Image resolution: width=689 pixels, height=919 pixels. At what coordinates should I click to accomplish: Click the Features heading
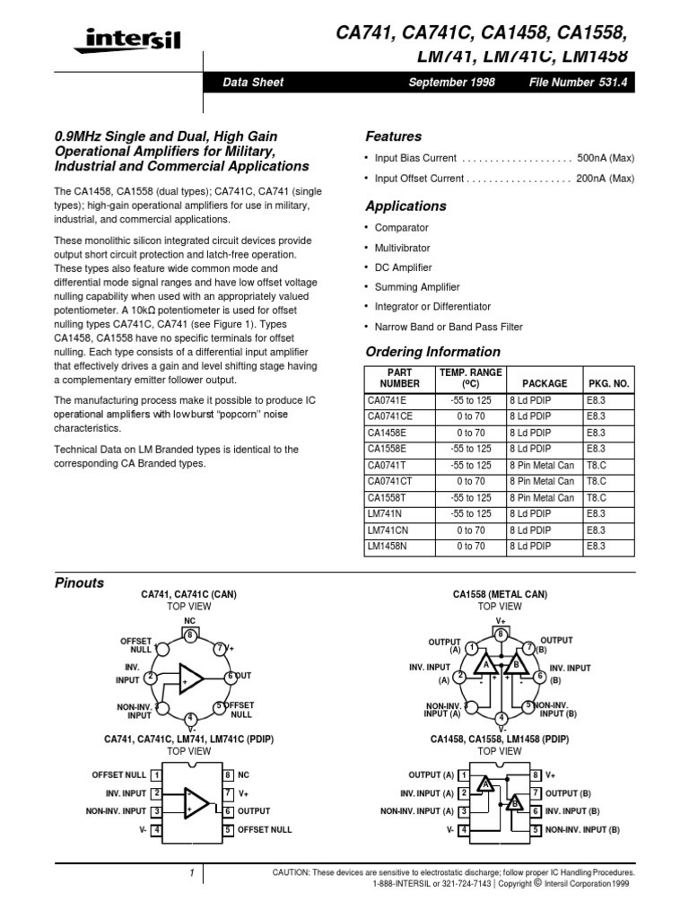[x=393, y=136]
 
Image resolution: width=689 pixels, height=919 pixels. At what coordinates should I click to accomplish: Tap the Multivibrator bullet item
[x=402, y=248]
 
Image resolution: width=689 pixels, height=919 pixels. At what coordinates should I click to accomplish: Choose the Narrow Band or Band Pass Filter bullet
[x=449, y=327]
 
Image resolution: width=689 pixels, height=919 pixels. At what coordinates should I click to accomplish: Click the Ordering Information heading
[x=432, y=352]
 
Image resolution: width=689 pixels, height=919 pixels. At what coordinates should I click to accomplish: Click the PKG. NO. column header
[x=608, y=383]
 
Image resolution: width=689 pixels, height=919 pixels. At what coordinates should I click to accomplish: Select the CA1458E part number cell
[x=387, y=432]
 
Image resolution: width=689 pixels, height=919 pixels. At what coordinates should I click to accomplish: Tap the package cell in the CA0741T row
[x=541, y=465]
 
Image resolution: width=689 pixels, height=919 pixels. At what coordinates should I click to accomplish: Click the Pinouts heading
[x=80, y=582]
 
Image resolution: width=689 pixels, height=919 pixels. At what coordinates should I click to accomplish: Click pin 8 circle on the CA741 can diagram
[x=189, y=635]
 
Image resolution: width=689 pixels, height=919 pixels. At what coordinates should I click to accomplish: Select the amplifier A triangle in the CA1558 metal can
[x=485, y=665]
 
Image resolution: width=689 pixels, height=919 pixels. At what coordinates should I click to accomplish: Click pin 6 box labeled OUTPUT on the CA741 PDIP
[x=229, y=810]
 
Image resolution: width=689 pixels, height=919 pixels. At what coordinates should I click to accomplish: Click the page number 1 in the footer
[x=191, y=873]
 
